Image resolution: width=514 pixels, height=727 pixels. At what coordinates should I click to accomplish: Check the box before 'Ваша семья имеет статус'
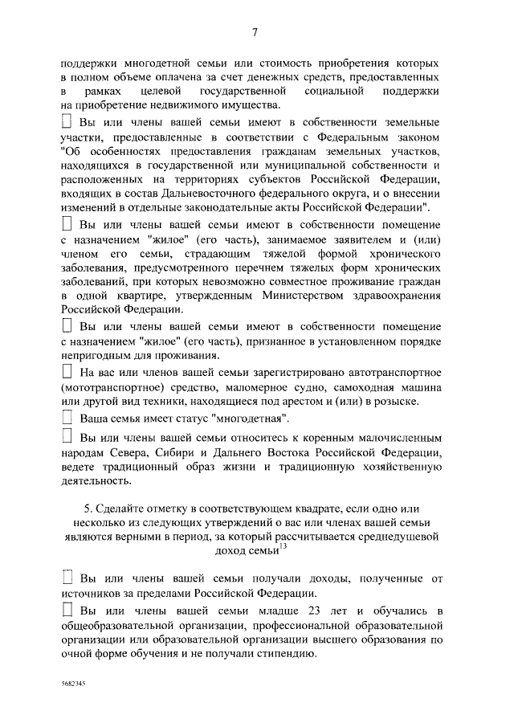(x=67, y=419)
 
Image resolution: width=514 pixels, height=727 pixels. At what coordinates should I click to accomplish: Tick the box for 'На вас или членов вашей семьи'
(x=67, y=373)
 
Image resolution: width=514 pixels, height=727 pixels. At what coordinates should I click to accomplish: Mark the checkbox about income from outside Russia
(x=67, y=578)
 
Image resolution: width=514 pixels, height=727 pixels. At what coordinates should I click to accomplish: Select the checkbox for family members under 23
(x=67, y=612)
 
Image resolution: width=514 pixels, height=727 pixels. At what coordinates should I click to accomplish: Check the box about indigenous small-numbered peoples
(x=67, y=438)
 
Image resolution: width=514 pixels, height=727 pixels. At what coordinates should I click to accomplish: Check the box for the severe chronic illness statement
(x=67, y=222)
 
